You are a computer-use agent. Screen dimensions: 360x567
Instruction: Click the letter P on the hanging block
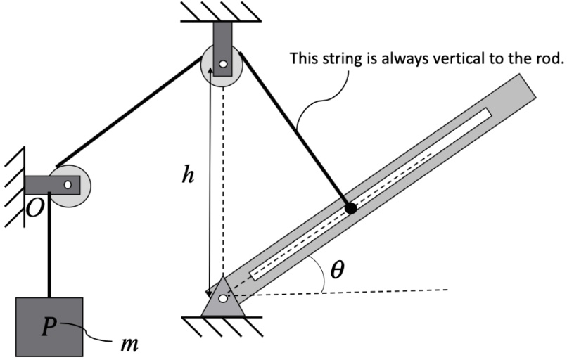click(48, 327)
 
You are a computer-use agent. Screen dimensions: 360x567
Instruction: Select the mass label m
click(128, 345)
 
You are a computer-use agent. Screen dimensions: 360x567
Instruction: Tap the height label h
click(187, 176)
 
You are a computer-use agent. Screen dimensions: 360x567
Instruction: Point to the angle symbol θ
click(338, 269)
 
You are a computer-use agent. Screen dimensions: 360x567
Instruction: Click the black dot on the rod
click(350, 208)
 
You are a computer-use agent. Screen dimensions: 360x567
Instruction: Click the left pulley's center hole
click(68, 185)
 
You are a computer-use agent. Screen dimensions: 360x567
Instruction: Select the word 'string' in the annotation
click(339, 58)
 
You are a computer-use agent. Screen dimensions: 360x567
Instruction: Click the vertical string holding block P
click(50, 253)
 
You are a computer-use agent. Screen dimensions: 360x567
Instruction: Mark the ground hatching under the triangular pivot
click(222, 324)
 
